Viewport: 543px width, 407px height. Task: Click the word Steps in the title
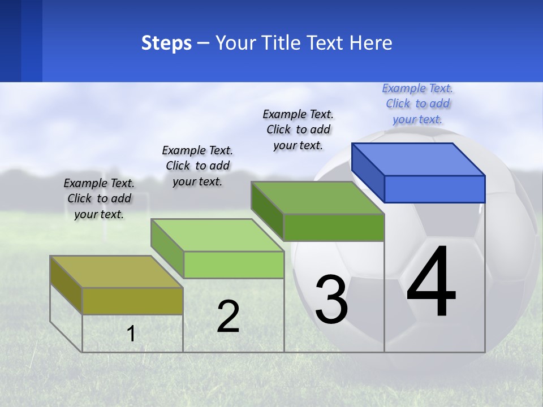pos(166,44)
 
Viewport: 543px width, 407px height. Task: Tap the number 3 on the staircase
pos(331,300)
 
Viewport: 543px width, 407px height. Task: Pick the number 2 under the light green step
pos(228,316)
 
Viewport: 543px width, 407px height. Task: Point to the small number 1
pos(131,334)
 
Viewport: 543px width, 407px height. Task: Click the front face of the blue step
pos(434,189)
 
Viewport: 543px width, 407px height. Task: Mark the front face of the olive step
pos(132,301)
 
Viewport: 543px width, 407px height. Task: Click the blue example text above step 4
pos(417,104)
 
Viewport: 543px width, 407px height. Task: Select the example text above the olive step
pos(99,199)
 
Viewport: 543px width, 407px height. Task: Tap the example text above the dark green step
pos(298,129)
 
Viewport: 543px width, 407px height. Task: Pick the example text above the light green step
pos(197,166)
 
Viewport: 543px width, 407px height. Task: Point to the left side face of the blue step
pos(368,172)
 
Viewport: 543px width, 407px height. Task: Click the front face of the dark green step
pos(334,227)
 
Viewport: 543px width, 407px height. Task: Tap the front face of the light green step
pos(234,265)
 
